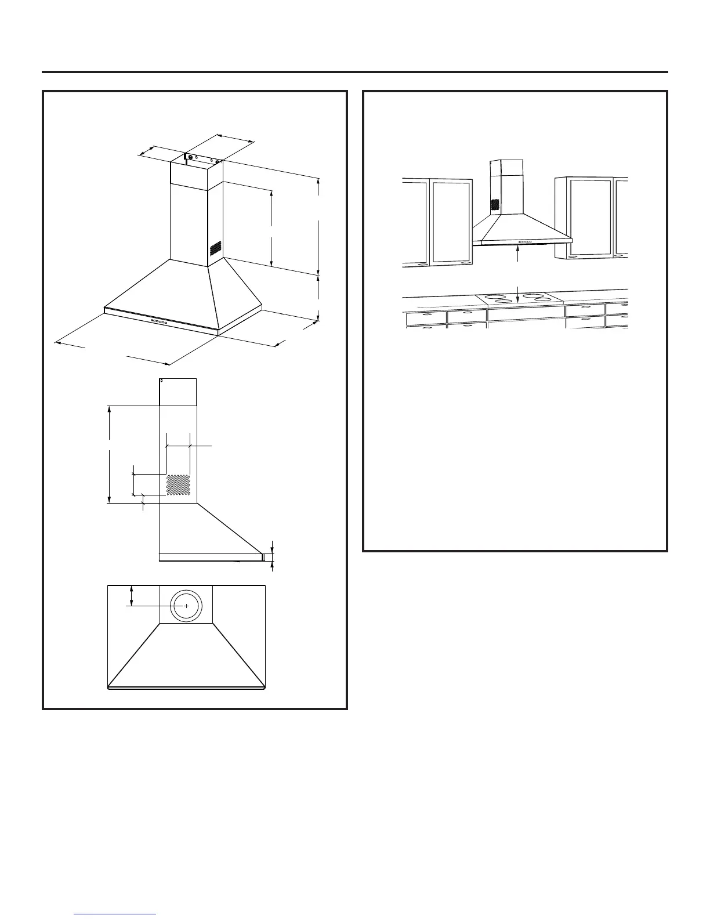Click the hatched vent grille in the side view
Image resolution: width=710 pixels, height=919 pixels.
[x=178, y=485]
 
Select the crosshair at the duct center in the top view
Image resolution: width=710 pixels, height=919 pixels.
[x=186, y=605]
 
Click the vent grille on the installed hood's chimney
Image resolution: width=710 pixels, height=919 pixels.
[x=495, y=205]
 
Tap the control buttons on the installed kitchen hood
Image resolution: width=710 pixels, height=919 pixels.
[x=525, y=241]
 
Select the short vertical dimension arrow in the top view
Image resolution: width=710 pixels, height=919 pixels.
[x=132, y=595]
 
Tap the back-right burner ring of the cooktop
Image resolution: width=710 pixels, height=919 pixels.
[x=533, y=297]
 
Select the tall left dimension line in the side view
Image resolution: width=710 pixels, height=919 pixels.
[x=110, y=454]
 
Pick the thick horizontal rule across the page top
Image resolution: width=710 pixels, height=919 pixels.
[x=355, y=73]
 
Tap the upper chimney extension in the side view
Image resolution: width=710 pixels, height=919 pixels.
[x=178, y=392]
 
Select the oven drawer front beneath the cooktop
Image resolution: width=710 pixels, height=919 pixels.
[x=526, y=313]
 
